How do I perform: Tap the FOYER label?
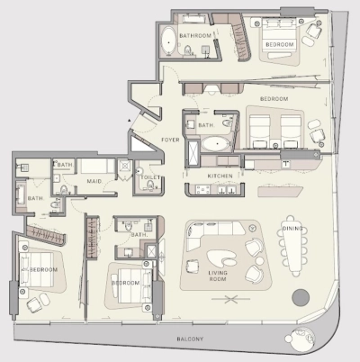170,140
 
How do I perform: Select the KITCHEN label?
220,176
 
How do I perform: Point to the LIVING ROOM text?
218,276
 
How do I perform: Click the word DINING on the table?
292,229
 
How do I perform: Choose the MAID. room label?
94,181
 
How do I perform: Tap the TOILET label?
150,177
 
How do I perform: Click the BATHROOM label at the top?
195,36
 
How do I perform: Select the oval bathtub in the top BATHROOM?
168,41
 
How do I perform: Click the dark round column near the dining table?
301,297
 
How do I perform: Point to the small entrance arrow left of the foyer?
129,120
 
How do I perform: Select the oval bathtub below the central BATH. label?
215,145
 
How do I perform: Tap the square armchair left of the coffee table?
193,266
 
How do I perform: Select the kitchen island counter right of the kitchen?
281,191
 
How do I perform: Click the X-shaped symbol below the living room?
230,299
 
